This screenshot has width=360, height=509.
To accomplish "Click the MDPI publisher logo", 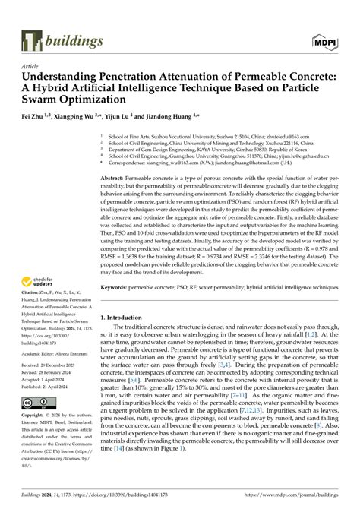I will pyautogui.click(x=324, y=39).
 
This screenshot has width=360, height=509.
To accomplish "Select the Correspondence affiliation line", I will pyautogui.click(x=196, y=162).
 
